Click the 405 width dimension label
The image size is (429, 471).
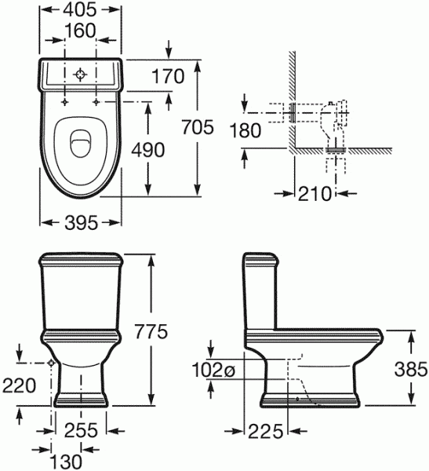coord(80,10)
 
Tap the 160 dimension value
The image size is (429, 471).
coord(80,31)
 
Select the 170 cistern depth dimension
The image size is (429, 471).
coord(168,76)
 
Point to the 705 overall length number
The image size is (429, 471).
coord(198,126)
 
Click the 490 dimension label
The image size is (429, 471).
coord(148,150)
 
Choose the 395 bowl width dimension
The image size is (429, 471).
coord(82,223)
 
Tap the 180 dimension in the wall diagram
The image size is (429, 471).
coord(245,130)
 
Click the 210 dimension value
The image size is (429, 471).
coord(314,193)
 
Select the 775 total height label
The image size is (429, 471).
coord(151,331)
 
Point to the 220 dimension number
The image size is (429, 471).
coord(19,385)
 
